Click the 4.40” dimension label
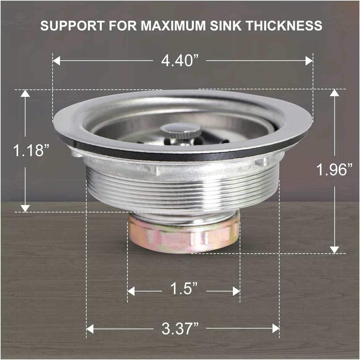180,61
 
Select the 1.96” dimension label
334,170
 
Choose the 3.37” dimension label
180,328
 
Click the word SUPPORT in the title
73,25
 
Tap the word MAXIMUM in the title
173,25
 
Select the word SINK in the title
226,25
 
